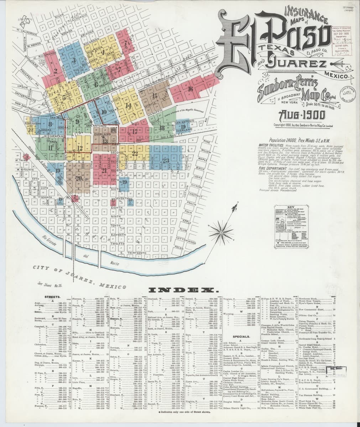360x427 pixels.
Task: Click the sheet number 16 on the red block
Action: point(191,89)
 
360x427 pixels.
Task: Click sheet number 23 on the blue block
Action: point(165,160)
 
